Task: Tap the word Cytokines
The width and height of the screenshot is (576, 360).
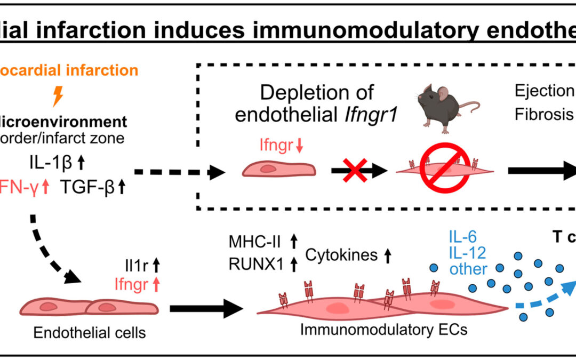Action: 341,255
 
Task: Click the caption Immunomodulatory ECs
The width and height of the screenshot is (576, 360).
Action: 384,330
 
